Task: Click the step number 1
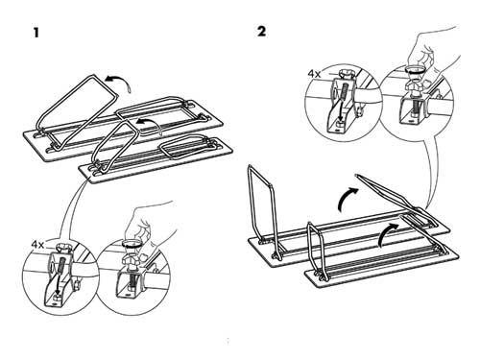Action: tap(36, 33)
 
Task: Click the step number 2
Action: tap(261, 32)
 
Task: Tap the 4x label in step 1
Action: tap(37, 245)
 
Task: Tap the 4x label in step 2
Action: tap(314, 74)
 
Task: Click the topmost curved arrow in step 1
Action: tap(121, 80)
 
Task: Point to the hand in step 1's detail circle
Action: tap(151, 223)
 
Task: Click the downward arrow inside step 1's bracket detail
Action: tap(60, 276)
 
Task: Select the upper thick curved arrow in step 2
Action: tap(347, 198)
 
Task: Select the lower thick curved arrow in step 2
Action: tap(387, 233)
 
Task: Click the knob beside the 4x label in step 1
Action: tap(60, 248)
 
